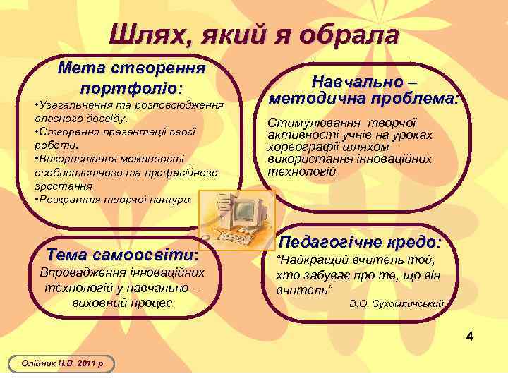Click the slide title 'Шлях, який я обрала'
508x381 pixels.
(x=254, y=34)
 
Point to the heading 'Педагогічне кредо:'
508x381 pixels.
(x=361, y=242)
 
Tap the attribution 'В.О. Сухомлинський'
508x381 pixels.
(x=397, y=303)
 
